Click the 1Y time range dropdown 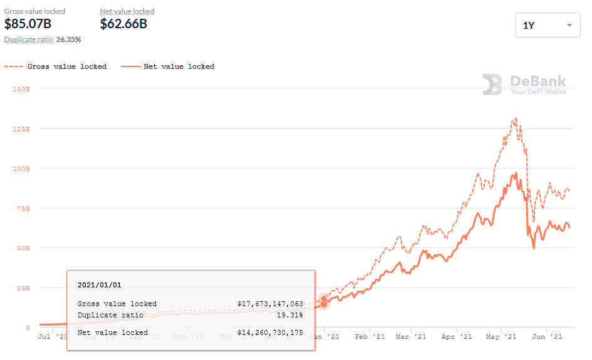(548, 25)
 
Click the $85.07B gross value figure (28, 24)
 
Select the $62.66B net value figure (123, 24)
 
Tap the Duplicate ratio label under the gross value (28, 39)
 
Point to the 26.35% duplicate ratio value (69, 39)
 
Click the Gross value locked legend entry (56, 66)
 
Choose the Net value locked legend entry (169, 66)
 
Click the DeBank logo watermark (524, 85)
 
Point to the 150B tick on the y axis (21, 89)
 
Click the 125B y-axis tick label (21, 129)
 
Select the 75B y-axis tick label (23, 208)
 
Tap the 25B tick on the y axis (23, 288)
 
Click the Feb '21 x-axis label (370, 337)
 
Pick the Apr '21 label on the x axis (457, 337)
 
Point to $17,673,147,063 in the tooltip (270, 304)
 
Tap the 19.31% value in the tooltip (289, 315)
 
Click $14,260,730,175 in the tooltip (270, 332)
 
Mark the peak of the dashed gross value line (515, 117)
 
